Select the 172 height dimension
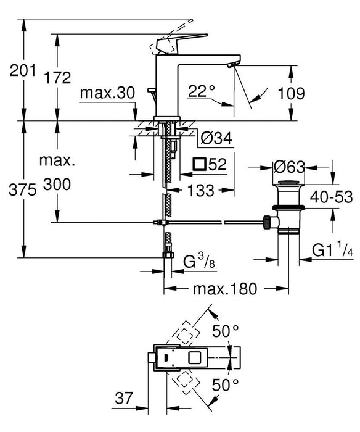(x=59, y=78)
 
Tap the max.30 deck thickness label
(x=107, y=93)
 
